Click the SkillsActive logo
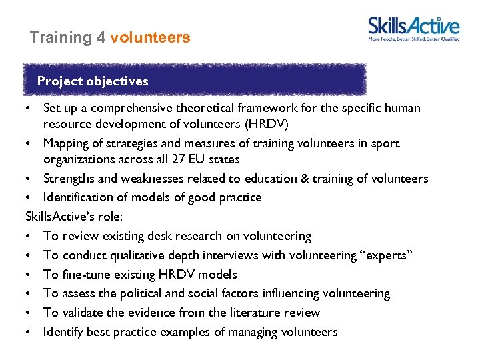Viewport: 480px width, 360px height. (x=414, y=29)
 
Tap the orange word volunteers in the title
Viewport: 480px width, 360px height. (x=150, y=38)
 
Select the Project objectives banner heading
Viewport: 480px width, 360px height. (x=93, y=81)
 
